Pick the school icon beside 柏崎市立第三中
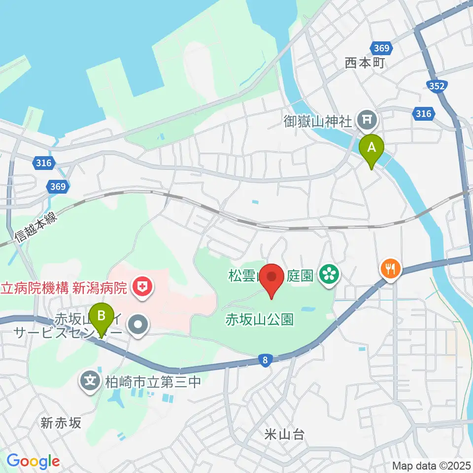click(90, 381)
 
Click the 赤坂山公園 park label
click(259, 319)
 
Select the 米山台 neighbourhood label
click(284, 434)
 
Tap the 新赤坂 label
click(61, 422)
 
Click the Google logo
click(33, 461)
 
